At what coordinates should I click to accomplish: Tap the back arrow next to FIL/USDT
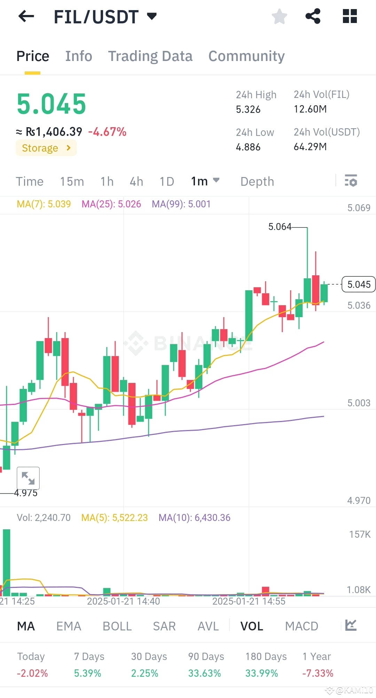click(x=26, y=16)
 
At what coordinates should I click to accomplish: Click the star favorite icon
click(x=279, y=16)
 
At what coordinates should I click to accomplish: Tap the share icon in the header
click(x=313, y=16)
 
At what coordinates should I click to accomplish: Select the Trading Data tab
click(x=150, y=56)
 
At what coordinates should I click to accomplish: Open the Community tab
click(x=246, y=56)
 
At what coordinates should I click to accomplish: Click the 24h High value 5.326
click(x=248, y=109)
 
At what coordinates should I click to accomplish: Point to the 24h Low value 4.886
click(x=248, y=147)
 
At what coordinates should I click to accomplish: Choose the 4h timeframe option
click(x=136, y=182)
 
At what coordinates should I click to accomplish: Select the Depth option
click(x=257, y=182)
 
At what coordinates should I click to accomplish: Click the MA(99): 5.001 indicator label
click(x=181, y=204)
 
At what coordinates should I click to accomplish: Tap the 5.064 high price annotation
click(x=279, y=227)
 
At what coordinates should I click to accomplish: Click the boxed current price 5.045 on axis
click(x=359, y=284)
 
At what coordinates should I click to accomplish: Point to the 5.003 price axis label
click(x=359, y=403)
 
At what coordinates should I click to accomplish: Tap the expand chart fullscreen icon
click(x=28, y=478)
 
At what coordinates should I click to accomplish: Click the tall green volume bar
click(x=6, y=561)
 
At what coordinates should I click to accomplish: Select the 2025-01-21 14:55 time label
click(x=249, y=601)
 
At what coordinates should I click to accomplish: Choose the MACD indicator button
click(x=301, y=626)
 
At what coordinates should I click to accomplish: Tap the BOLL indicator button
click(x=117, y=626)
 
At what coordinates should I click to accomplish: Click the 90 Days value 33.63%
click(x=204, y=673)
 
